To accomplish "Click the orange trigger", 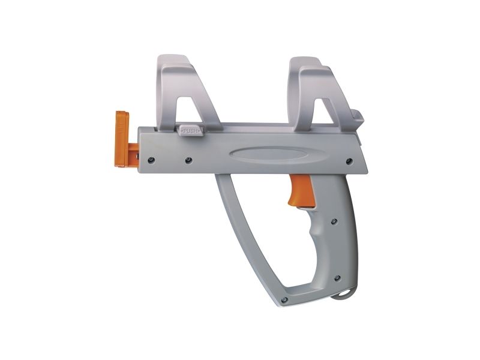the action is [x=302, y=190].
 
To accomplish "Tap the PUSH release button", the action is [x=191, y=130].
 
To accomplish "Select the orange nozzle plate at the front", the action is [x=122, y=139].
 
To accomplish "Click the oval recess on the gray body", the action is [x=268, y=154].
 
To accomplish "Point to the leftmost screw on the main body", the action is [x=151, y=160].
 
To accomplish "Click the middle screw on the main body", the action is [x=188, y=160].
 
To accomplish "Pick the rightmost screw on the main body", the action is [x=349, y=161].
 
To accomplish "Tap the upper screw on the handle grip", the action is [x=334, y=221].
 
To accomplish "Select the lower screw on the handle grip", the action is [x=337, y=278].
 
